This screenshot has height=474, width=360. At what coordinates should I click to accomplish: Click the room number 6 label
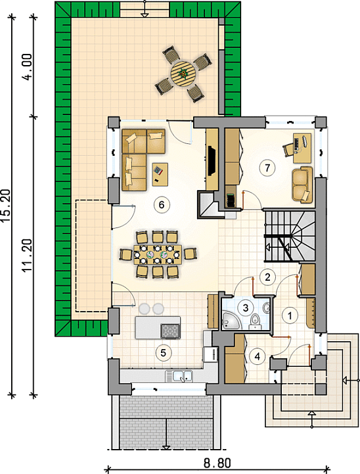(x=161, y=205)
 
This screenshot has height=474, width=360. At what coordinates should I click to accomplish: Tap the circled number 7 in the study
(x=267, y=168)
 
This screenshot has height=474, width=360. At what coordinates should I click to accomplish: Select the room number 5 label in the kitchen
(x=163, y=352)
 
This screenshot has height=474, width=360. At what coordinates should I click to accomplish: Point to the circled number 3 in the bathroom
(x=246, y=308)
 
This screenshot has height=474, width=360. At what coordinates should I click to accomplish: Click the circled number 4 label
(x=257, y=356)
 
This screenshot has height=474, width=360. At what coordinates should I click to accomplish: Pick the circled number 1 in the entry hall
(x=290, y=316)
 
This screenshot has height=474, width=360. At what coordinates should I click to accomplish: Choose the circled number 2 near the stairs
(x=267, y=277)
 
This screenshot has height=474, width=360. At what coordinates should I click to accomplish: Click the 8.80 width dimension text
(x=217, y=463)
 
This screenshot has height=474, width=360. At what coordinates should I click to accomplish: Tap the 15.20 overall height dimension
(x=7, y=206)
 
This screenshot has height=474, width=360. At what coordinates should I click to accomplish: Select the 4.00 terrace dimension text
(x=28, y=67)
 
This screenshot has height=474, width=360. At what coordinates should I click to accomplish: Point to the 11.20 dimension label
(x=28, y=256)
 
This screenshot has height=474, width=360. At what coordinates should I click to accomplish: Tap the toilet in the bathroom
(x=255, y=320)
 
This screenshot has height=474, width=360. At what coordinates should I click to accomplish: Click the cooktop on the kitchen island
(x=171, y=331)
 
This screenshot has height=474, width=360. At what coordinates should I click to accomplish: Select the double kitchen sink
(x=179, y=376)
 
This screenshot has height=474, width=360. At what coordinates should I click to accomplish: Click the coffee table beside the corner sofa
(x=160, y=174)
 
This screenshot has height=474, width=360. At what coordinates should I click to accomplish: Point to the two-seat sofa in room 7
(x=302, y=184)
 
